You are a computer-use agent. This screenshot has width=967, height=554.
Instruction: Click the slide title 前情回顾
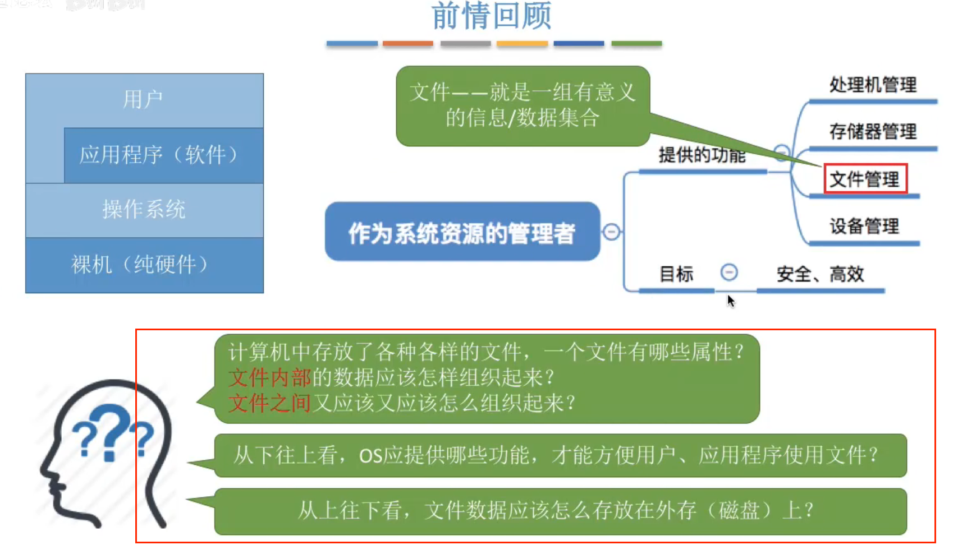coord(491,16)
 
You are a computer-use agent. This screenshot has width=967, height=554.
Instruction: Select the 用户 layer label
coord(143,100)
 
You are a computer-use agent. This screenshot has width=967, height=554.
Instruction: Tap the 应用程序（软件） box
coord(159,155)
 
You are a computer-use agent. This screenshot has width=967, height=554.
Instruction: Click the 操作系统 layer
coord(144,209)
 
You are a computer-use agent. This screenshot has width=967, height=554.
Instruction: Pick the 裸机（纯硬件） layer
coord(140,264)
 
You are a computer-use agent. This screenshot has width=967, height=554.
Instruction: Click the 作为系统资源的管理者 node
coord(462,233)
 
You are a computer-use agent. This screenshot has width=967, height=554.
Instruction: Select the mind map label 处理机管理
coord(873,85)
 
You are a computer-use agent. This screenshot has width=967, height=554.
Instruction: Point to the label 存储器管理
coord(873,132)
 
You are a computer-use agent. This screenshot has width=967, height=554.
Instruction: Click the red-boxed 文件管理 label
coord(865,179)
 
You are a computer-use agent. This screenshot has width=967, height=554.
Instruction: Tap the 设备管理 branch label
coord(864,227)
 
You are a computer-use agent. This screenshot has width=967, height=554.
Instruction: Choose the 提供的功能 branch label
coord(702,155)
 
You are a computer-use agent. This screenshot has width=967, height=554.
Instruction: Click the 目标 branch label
coord(676,274)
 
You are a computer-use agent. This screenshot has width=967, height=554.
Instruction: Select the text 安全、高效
coord(820,274)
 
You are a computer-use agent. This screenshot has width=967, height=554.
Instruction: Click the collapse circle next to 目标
coord(729,273)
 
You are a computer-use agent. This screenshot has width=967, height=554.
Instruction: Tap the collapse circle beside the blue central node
coord(612,232)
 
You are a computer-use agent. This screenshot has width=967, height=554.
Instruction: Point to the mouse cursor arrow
coord(730,301)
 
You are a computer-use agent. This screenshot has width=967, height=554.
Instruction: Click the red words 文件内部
coord(269,377)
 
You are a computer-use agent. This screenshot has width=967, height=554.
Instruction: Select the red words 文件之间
coord(269,403)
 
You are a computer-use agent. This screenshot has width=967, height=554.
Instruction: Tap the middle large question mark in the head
coord(111,432)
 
